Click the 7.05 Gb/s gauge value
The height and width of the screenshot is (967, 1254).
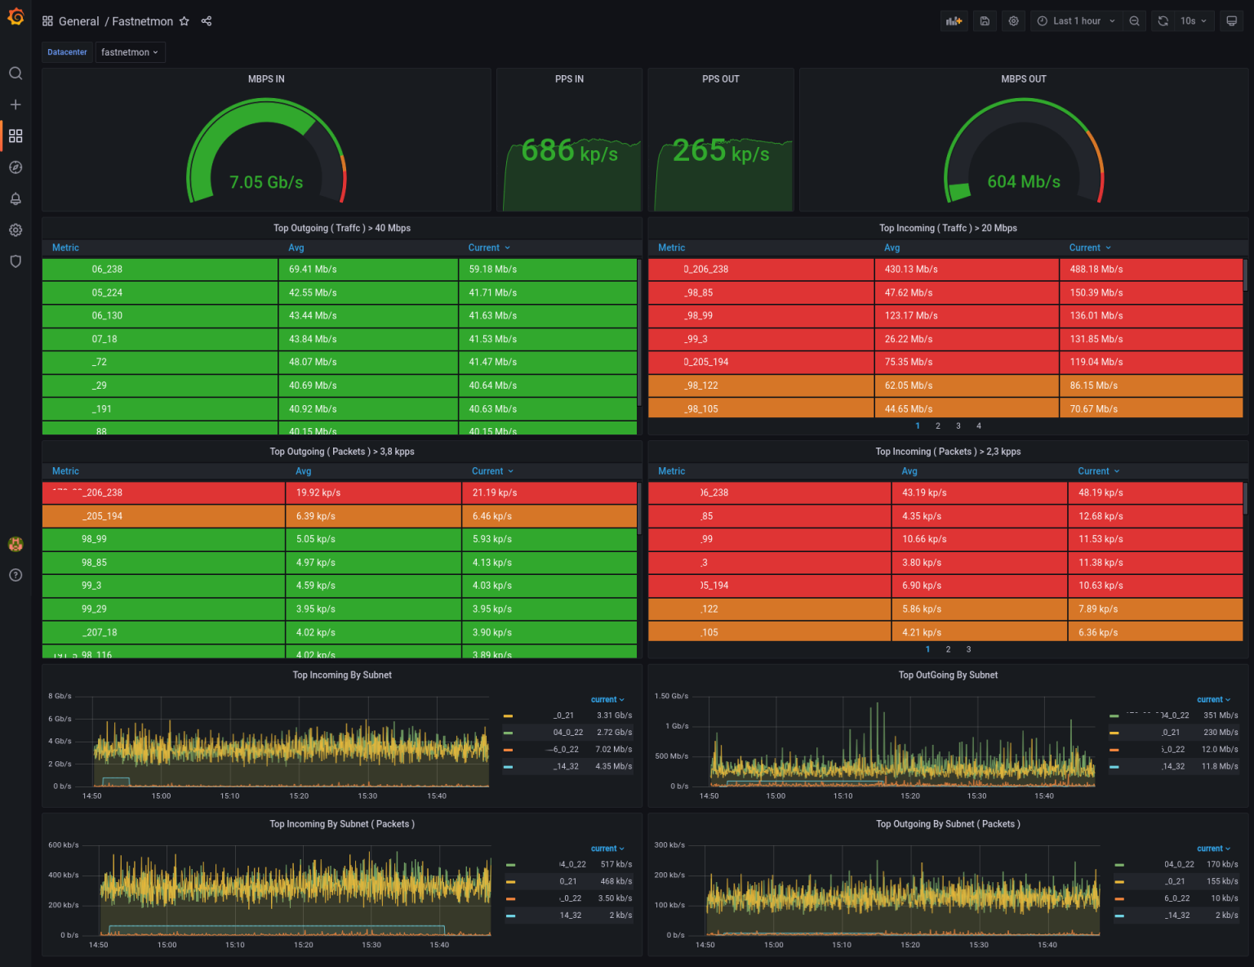click(266, 182)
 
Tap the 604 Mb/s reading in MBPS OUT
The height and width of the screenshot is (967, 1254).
click(1024, 181)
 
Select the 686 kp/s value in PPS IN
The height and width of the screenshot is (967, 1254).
click(569, 151)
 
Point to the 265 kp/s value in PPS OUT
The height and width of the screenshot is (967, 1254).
click(720, 151)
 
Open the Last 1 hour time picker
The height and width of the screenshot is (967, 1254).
click(1075, 21)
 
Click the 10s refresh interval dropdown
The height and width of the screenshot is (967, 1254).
click(1193, 21)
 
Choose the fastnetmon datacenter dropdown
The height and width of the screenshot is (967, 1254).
click(130, 52)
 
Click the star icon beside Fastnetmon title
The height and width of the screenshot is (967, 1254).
click(185, 21)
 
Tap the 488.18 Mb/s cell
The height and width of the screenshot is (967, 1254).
click(1096, 270)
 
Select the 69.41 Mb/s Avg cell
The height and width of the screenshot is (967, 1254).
click(313, 270)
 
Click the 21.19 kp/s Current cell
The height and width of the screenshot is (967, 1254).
click(494, 493)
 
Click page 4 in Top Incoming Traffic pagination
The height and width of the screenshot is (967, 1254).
click(979, 426)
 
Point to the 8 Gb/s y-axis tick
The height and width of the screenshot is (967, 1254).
click(60, 697)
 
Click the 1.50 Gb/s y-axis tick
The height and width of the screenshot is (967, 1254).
click(671, 697)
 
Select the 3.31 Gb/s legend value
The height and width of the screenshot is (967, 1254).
click(614, 715)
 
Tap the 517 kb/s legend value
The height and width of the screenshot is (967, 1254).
click(616, 864)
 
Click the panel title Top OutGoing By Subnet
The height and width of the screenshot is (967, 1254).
click(948, 675)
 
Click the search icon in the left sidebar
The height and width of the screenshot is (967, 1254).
click(16, 74)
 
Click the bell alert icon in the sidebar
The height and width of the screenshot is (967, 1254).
click(16, 198)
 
